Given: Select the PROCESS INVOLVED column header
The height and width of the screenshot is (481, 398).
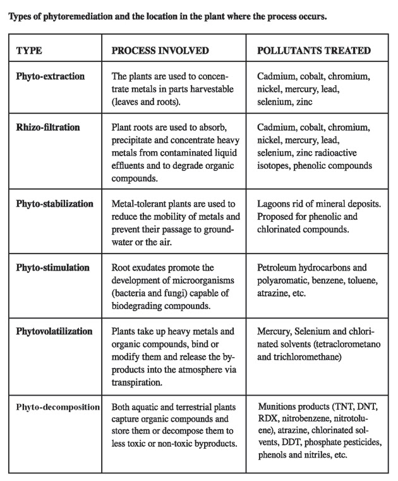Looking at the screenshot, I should [x=160, y=51].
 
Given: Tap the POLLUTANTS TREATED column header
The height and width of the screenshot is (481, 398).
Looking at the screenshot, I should [x=314, y=51].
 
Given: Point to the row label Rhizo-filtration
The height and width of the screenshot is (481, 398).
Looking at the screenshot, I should [x=48, y=128].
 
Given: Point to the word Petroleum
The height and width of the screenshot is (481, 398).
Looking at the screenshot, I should [x=278, y=268].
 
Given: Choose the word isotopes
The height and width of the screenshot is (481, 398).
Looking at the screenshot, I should [x=274, y=166].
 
